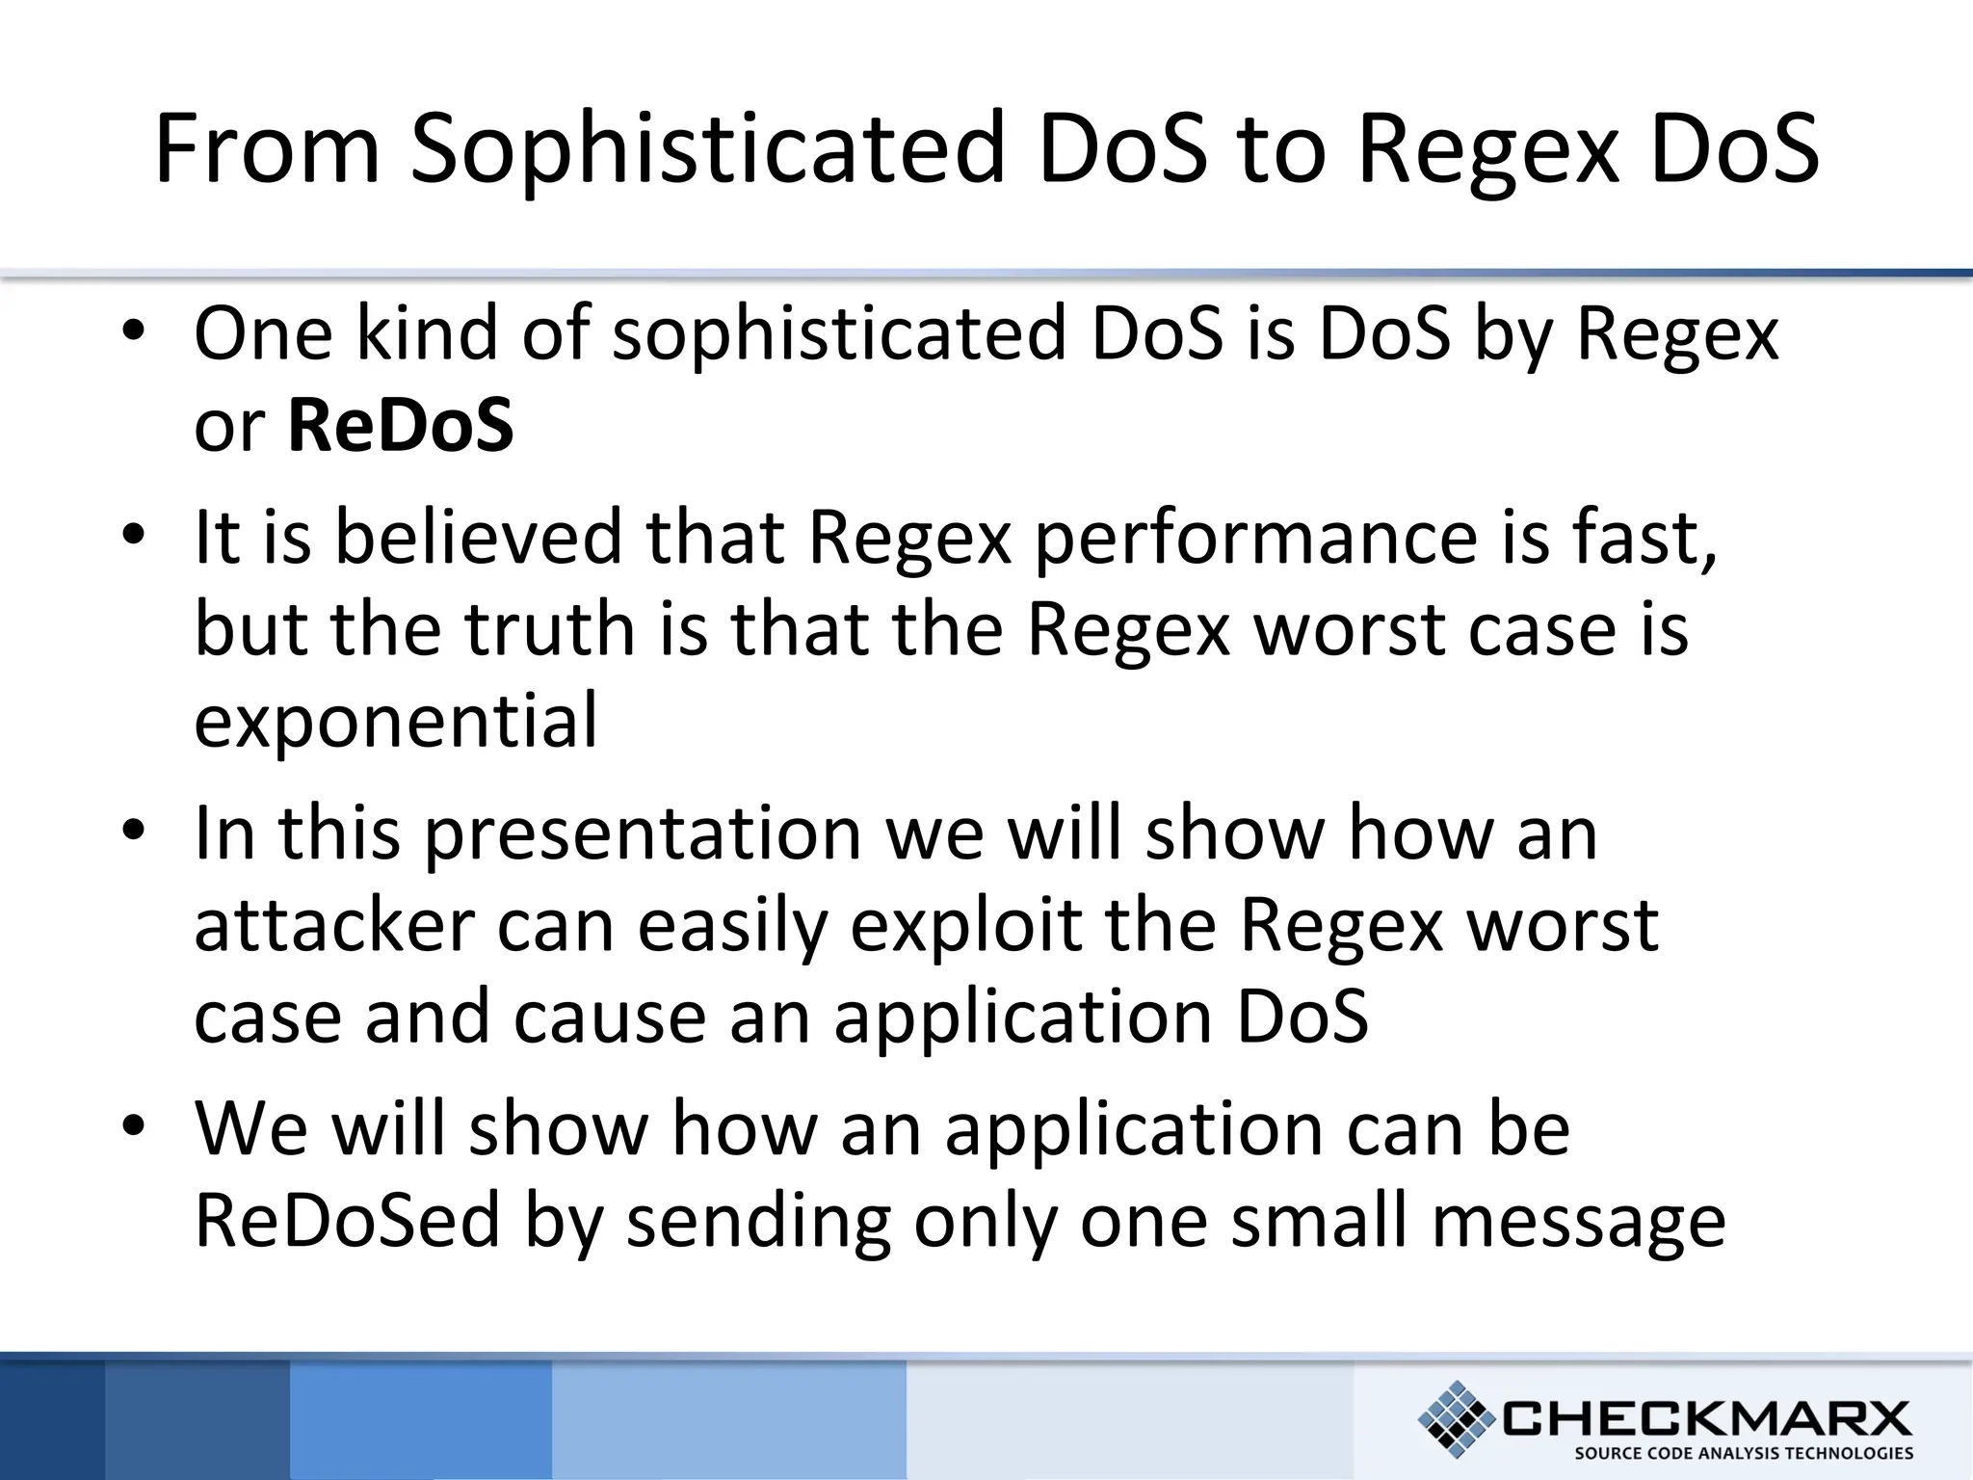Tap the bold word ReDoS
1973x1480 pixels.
[x=400, y=426]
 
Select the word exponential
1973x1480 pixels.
[x=396, y=721]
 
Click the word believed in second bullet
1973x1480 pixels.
[x=479, y=538]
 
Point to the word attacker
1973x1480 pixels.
[x=334, y=926]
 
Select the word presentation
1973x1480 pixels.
[x=643, y=834]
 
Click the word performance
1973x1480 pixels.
[x=1255, y=538]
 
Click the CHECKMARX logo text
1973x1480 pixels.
[x=1705, y=1418]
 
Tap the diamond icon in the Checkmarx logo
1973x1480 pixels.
[x=1457, y=1418]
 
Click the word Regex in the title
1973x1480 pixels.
[x=1488, y=149]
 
